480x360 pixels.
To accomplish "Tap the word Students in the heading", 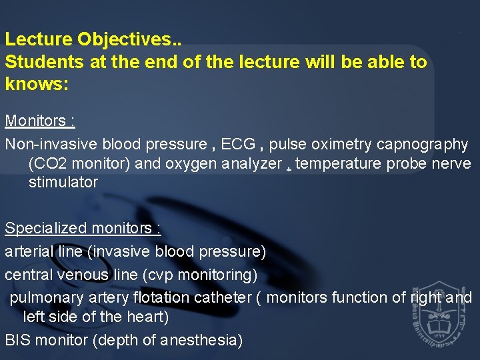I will click(x=38, y=63).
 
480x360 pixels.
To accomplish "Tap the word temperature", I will click(x=338, y=163).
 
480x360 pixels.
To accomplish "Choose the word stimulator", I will click(x=63, y=183).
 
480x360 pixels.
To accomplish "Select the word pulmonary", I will click(x=41, y=297).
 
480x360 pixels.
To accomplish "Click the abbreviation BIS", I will click(x=18, y=340).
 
